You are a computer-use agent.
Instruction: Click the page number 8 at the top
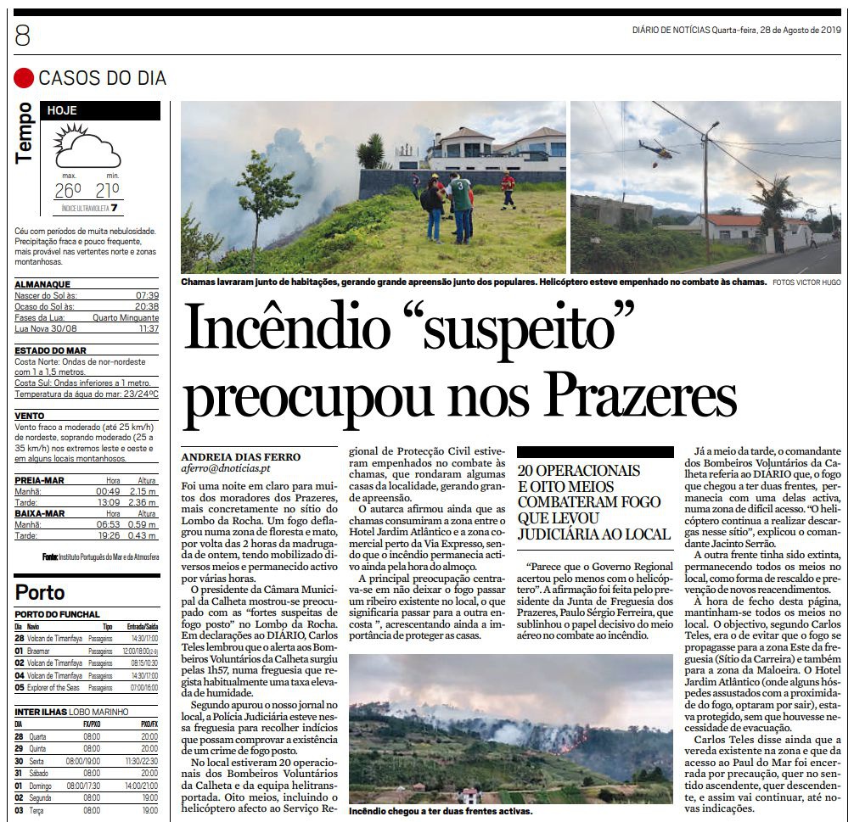click(x=23, y=36)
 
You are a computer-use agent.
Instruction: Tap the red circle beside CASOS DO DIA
click(x=24, y=78)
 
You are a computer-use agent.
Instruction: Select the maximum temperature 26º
click(x=67, y=189)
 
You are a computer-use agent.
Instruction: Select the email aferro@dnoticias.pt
click(x=226, y=468)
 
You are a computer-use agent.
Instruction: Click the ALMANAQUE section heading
click(x=42, y=284)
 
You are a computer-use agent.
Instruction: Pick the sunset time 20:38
click(x=147, y=306)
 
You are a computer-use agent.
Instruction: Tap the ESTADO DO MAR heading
click(x=51, y=350)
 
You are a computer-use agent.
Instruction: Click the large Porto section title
click(x=40, y=591)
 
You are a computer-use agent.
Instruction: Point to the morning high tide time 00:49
click(x=108, y=491)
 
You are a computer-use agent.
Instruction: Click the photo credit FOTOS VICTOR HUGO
click(x=806, y=282)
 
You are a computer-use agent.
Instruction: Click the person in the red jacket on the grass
click(x=508, y=188)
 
